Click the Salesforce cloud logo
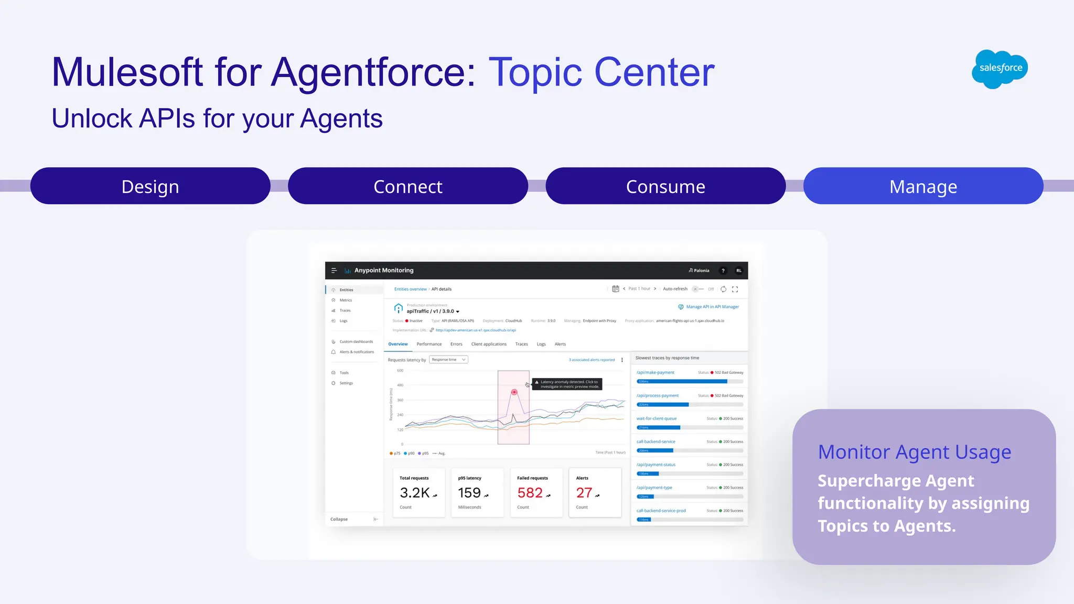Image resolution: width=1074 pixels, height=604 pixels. click(1000, 69)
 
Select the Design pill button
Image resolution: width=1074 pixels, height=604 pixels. click(151, 186)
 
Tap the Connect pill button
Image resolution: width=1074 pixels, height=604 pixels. click(408, 186)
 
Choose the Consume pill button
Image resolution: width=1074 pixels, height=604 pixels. click(665, 186)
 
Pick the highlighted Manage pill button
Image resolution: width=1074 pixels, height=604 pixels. click(923, 186)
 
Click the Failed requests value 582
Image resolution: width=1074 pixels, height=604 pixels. click(530, 493)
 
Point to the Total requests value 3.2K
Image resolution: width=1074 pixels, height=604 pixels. click(415, 493)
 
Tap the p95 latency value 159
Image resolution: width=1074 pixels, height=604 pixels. click(469, 493)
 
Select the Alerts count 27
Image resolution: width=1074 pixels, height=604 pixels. click(584, 493)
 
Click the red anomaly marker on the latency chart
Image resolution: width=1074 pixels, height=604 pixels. click(514, 392)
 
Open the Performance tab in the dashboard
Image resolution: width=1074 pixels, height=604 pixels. click(429, 344)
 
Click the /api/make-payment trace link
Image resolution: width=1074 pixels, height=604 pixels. click(656, 372)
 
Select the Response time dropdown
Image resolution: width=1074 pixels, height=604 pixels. click(448, 360)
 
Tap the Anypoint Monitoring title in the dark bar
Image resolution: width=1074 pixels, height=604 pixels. click(384, 271)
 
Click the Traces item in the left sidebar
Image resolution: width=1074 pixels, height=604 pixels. click(345, 310)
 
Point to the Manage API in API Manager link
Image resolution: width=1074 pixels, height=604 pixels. click(712, 307)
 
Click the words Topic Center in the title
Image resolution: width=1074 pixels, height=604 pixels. click(602, 72)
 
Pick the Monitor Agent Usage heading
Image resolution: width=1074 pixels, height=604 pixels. click(915, 452)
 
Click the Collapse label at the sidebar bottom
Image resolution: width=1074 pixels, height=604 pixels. click(339, 519)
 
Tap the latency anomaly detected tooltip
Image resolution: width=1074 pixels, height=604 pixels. click(567, 384)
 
